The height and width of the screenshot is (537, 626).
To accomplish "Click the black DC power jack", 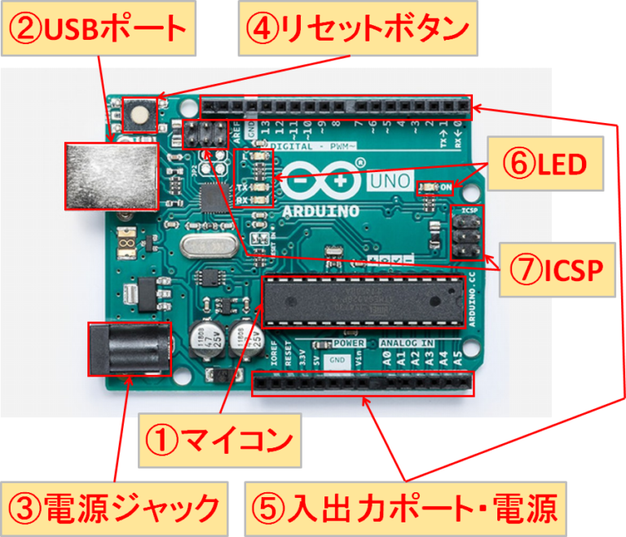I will [x=129, y=349].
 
